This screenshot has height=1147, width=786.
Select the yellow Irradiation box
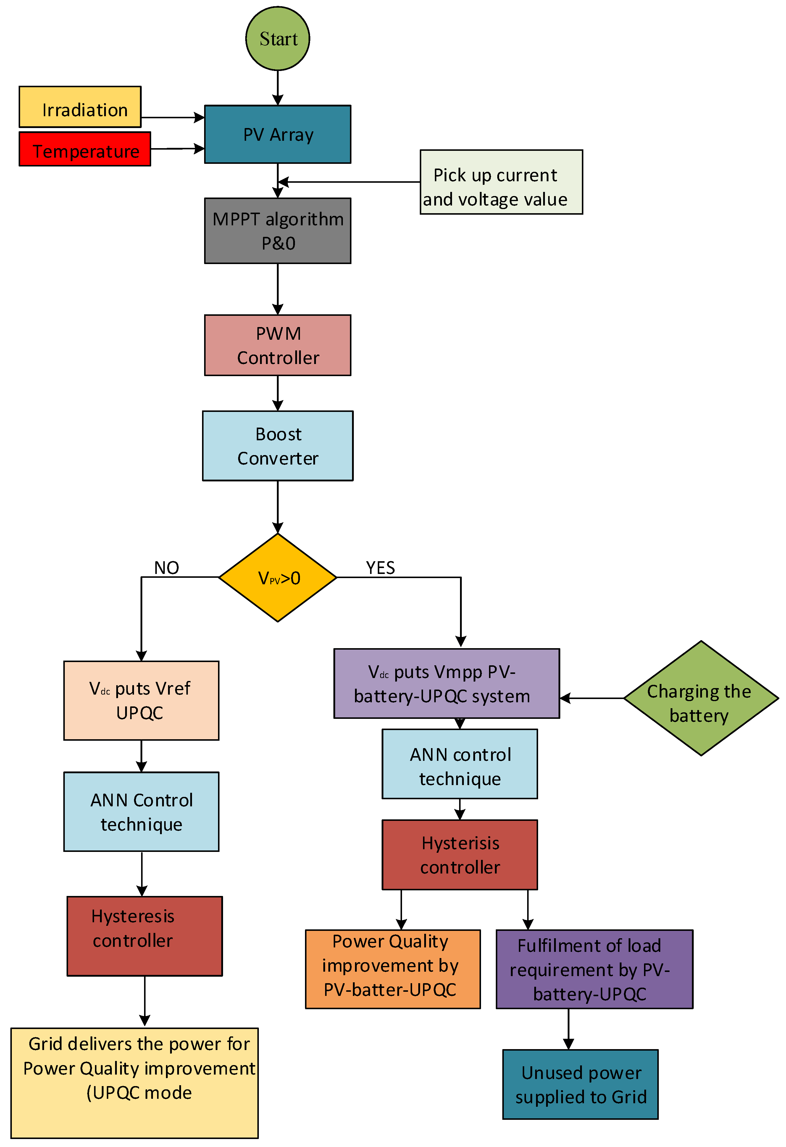point(80,107)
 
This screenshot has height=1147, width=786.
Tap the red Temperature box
point(85,149)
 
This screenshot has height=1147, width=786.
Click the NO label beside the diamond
point(166,567)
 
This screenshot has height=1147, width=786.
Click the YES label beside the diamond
point(380,567)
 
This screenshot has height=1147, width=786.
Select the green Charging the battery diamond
point(700,698)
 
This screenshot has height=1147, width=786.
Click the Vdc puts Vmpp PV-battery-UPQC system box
point(446,684)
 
